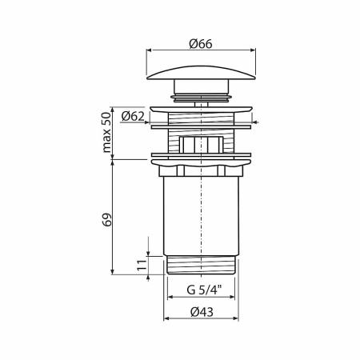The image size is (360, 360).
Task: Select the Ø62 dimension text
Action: click(133, 116)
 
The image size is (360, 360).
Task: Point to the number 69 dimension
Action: click(107, 218)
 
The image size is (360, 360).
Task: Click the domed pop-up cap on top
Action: click(202, 73)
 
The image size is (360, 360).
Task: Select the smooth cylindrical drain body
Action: click(202, 216)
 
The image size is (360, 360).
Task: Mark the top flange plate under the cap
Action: click(202, 106)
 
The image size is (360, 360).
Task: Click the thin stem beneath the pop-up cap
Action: click(202, 98)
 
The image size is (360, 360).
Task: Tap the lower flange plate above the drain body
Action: click(202, 155)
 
